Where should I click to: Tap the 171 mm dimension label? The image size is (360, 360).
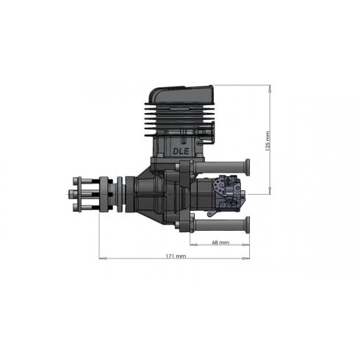click(176, 256)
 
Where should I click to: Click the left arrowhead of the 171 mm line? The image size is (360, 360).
click(101, 258)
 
